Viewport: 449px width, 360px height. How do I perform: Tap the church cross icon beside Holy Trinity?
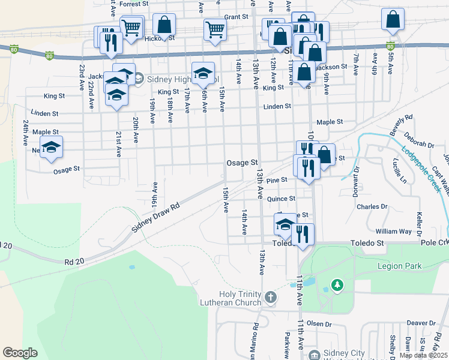pos(271,296)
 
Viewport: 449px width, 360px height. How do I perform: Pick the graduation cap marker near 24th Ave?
pos(52,147)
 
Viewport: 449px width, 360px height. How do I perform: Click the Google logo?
pos(20,353)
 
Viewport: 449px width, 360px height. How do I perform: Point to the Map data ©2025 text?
pos(423,355)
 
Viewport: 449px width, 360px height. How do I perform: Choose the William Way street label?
pos(393,231)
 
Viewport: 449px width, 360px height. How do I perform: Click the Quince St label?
pos(282,199)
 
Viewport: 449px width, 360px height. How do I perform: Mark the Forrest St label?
pos(133,4)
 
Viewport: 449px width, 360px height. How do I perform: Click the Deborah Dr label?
pos(418,140)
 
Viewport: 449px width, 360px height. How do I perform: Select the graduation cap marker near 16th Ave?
pos(203,74)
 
